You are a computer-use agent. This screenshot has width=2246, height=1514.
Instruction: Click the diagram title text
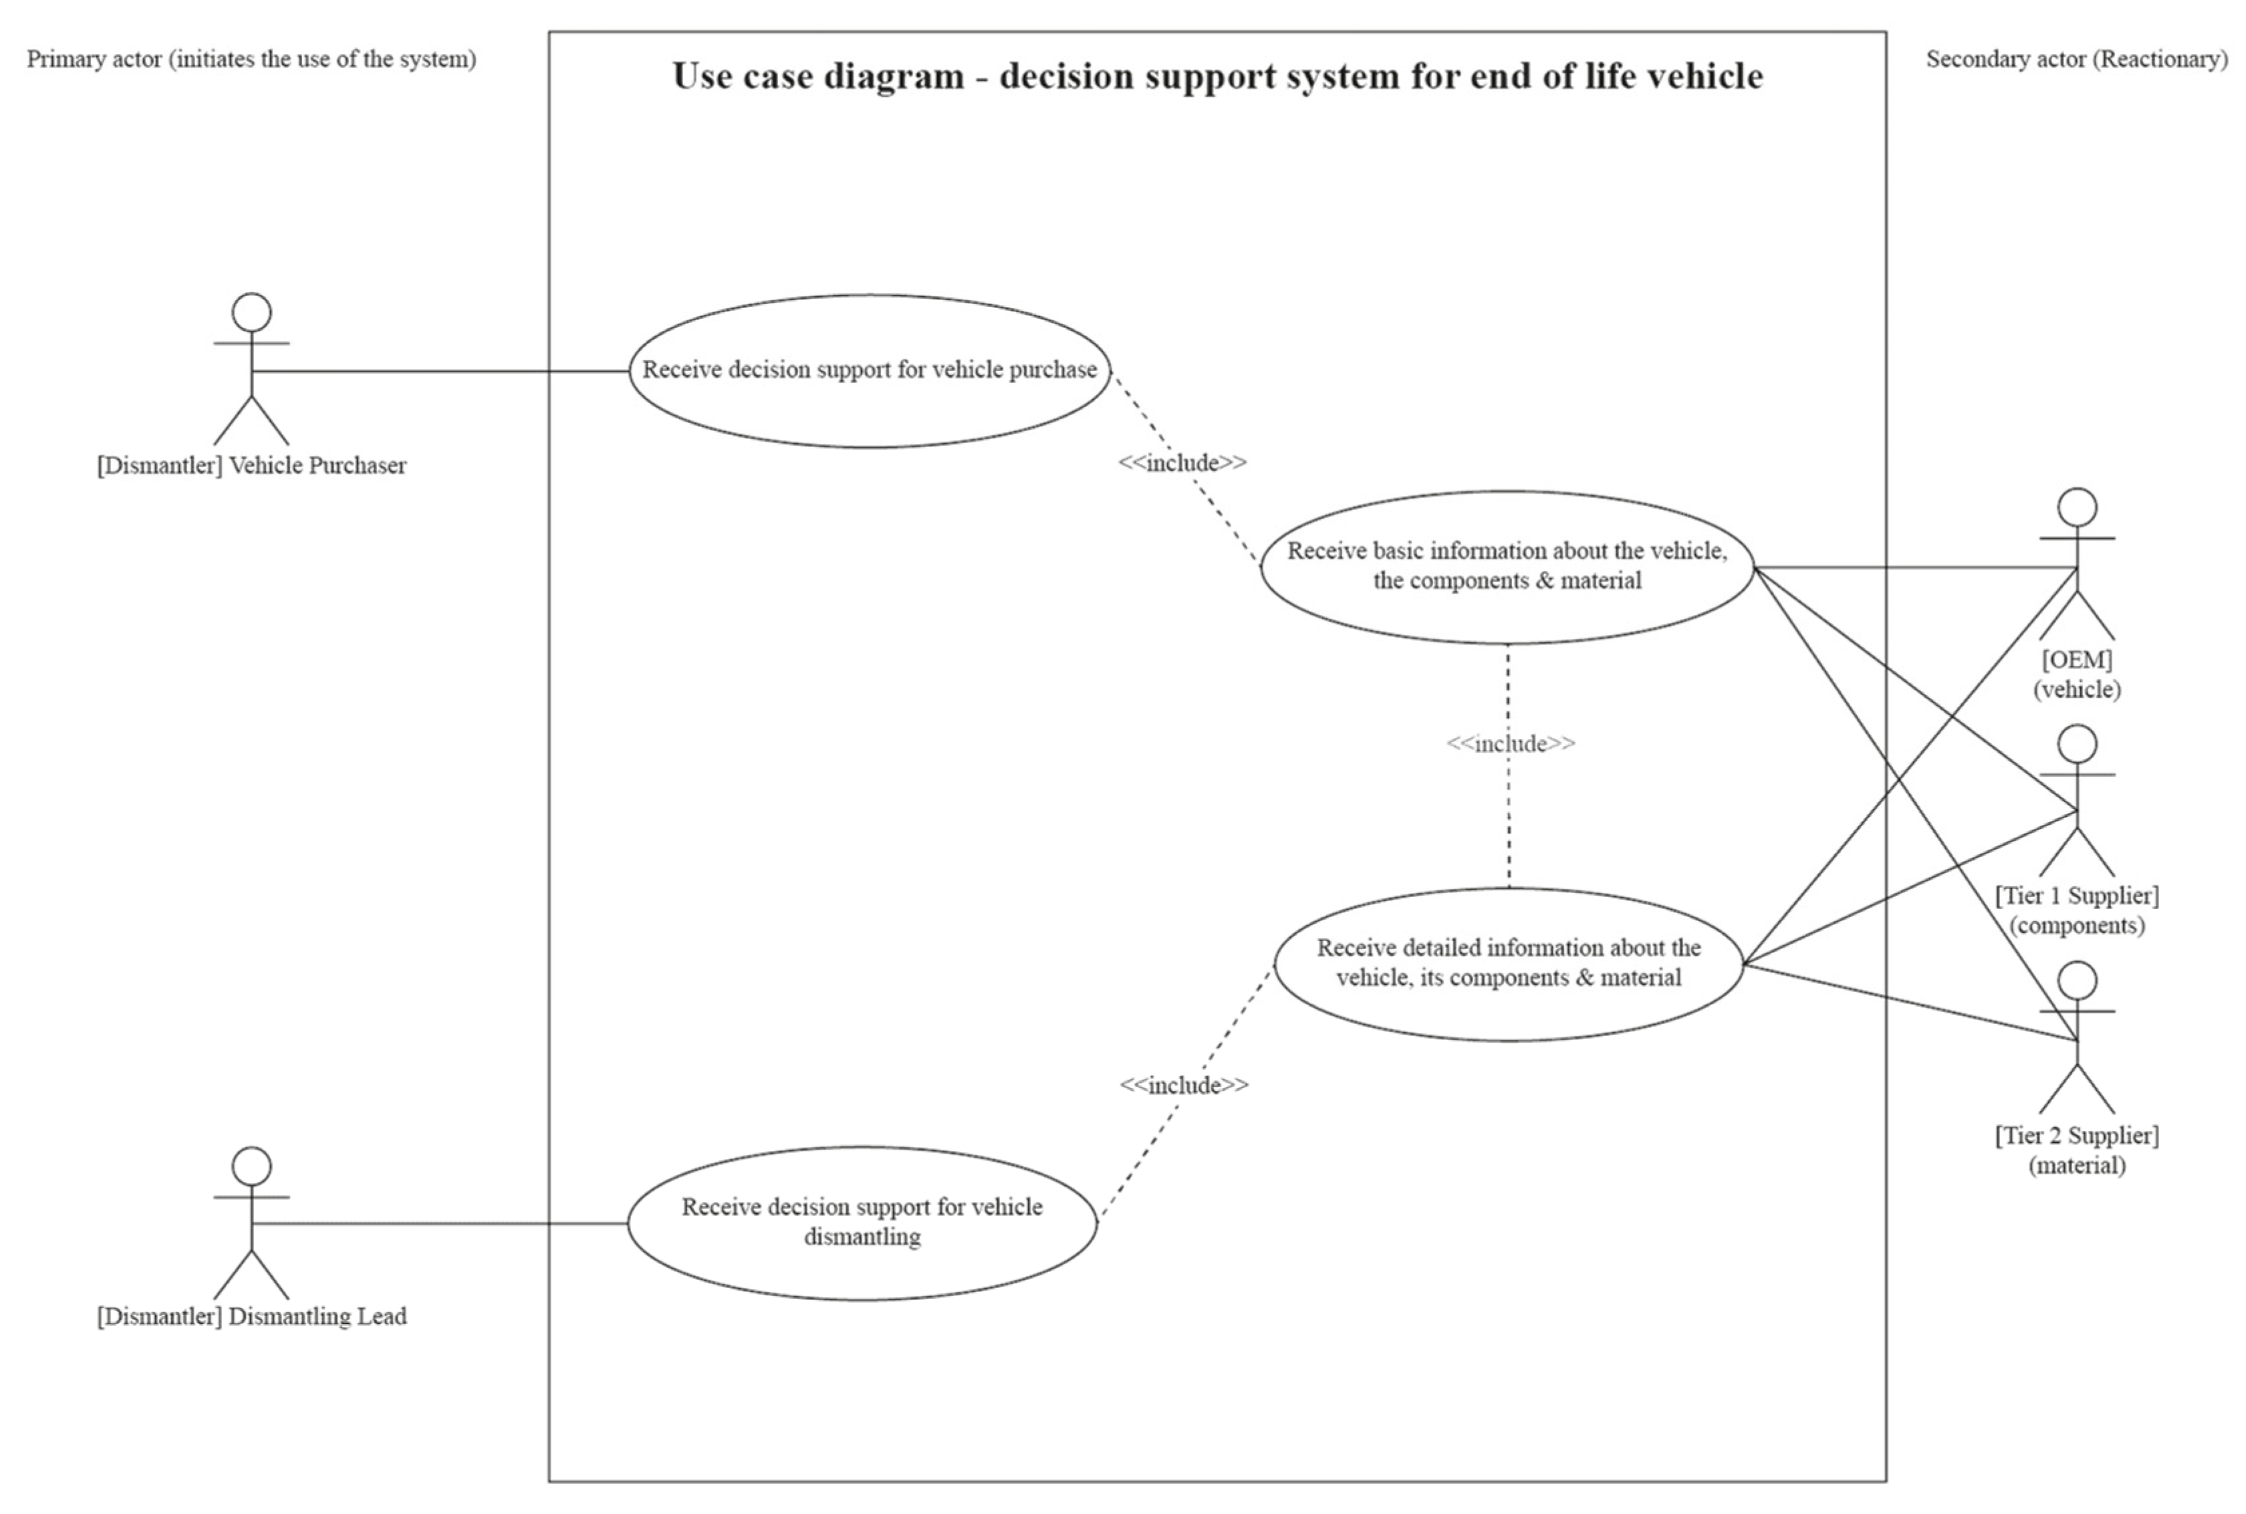pos(1217,76)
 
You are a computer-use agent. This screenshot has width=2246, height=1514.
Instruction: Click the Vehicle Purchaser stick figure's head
pos(251,313)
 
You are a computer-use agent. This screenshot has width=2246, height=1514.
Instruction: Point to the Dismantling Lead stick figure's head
pos(251,1166)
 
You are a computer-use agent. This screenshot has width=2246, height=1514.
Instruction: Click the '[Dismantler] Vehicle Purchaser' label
pos(251,465)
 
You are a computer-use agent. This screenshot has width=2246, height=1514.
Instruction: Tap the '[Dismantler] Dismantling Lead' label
pos(251,1317)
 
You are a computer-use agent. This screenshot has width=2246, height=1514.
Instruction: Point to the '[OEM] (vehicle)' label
pos(2077,674)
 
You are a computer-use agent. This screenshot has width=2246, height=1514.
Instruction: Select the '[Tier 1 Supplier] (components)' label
pos(2077,910)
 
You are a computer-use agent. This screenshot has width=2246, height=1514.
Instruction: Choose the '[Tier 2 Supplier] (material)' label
pos(2077,1150)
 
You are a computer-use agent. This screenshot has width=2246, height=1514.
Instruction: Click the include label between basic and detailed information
pos(1510,743)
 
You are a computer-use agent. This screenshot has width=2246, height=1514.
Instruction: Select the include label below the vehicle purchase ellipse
pos(1182,463)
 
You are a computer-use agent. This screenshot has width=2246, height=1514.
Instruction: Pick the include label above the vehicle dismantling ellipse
pos(1184,1086)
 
